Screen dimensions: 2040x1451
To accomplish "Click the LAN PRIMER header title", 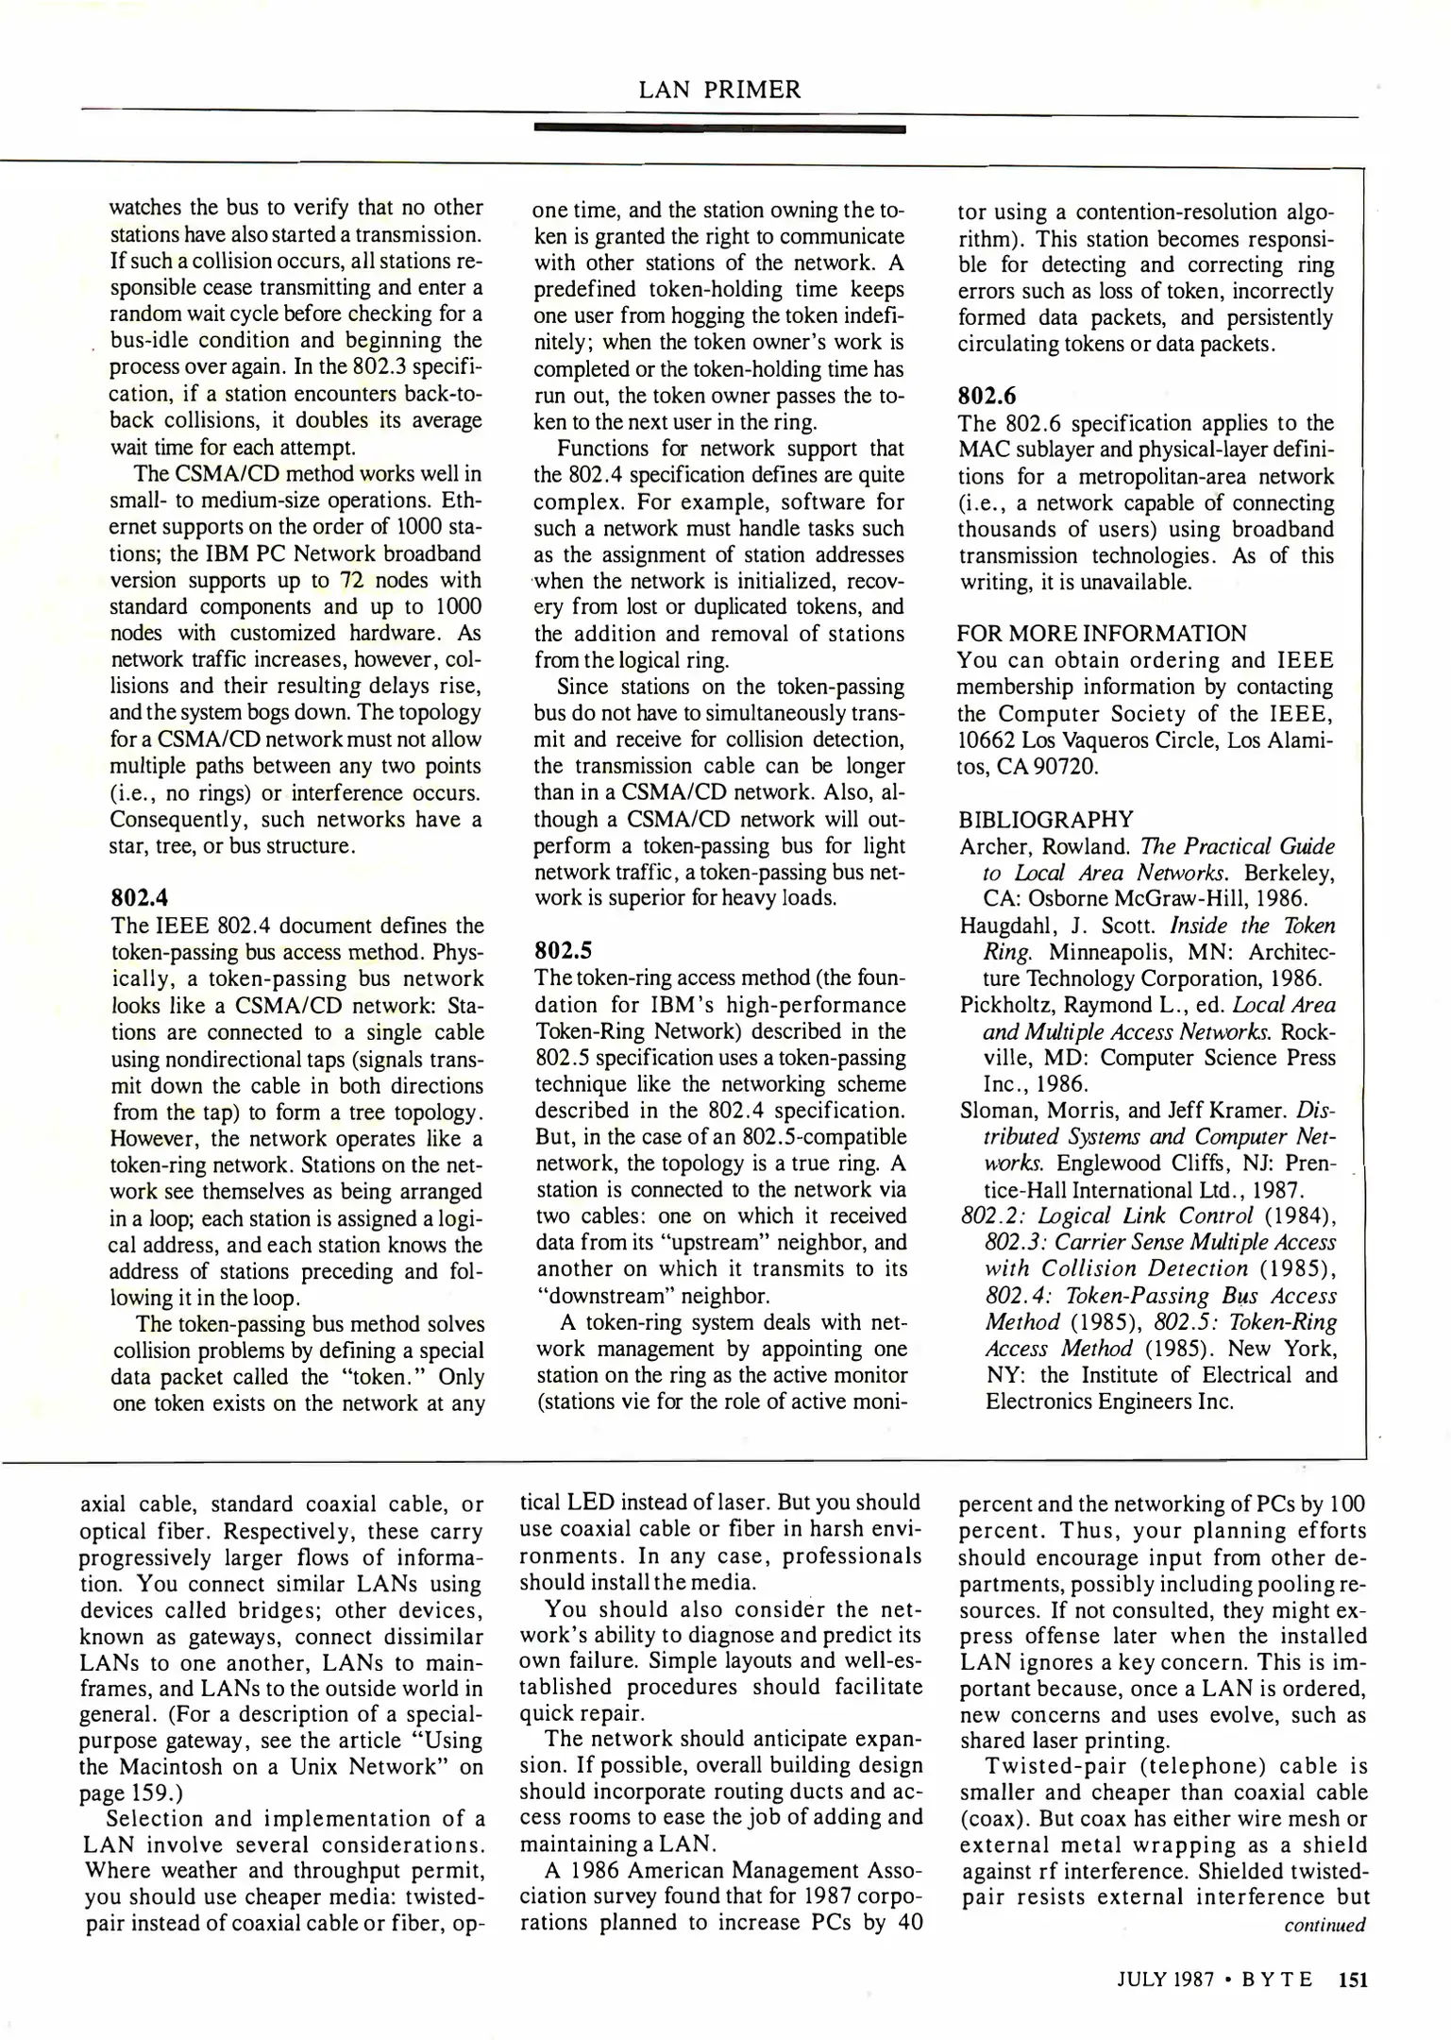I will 719,90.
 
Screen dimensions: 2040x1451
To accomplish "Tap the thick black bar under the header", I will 719,128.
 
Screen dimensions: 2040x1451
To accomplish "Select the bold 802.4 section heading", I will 139,898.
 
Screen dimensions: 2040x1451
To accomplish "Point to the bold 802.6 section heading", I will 987,396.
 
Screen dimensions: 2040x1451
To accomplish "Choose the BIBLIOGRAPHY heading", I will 1045,818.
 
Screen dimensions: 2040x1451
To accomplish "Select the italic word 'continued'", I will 1324,1924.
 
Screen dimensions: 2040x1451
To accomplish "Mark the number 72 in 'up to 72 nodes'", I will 352,580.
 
